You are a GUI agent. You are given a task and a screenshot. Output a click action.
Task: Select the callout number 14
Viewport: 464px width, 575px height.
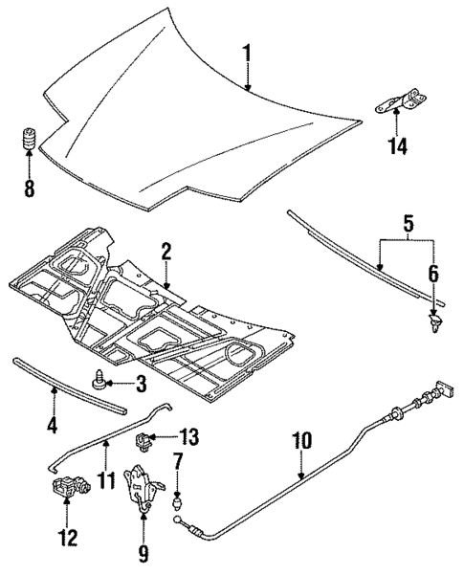396,146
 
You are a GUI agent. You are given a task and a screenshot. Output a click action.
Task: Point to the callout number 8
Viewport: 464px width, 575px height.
29,188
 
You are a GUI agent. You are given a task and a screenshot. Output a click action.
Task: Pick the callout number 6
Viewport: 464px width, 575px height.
434,274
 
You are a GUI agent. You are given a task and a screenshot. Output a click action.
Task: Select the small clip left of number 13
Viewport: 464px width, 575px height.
144,442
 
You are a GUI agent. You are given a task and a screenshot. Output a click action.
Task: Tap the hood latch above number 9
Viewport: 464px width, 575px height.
143,486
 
